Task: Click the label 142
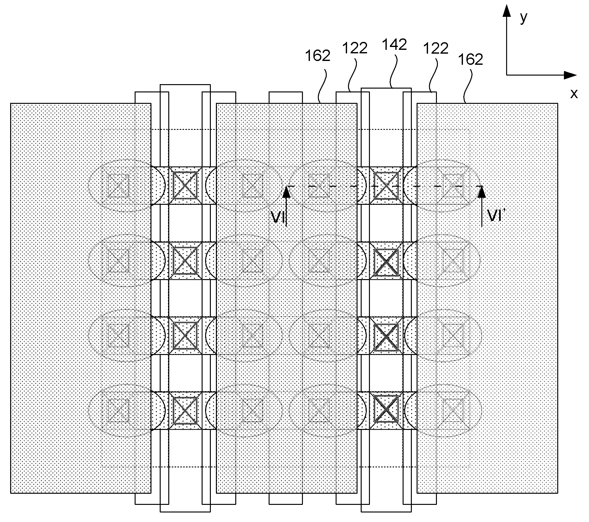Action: (x=394, y=45)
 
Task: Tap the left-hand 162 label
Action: (x=318, y=56)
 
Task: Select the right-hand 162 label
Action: (x=471, y=60)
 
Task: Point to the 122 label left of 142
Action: (x=355, y=48)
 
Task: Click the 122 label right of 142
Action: (x=436, y=48)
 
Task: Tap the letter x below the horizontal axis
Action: (x=574, y=93)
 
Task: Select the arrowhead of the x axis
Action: (x=570, y=75)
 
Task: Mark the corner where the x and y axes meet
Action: (x=506, y=75)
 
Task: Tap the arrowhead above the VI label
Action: (x=286, y=191)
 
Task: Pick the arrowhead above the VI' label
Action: (x=482, y=191)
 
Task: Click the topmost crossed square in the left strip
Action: (x=185, y=186)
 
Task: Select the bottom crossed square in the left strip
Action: (x=185, y=410)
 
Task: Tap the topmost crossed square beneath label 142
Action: (x=386, y=186)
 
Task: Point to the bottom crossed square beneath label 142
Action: (x=386, y=410)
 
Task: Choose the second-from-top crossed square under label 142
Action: (x=386, y=261)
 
